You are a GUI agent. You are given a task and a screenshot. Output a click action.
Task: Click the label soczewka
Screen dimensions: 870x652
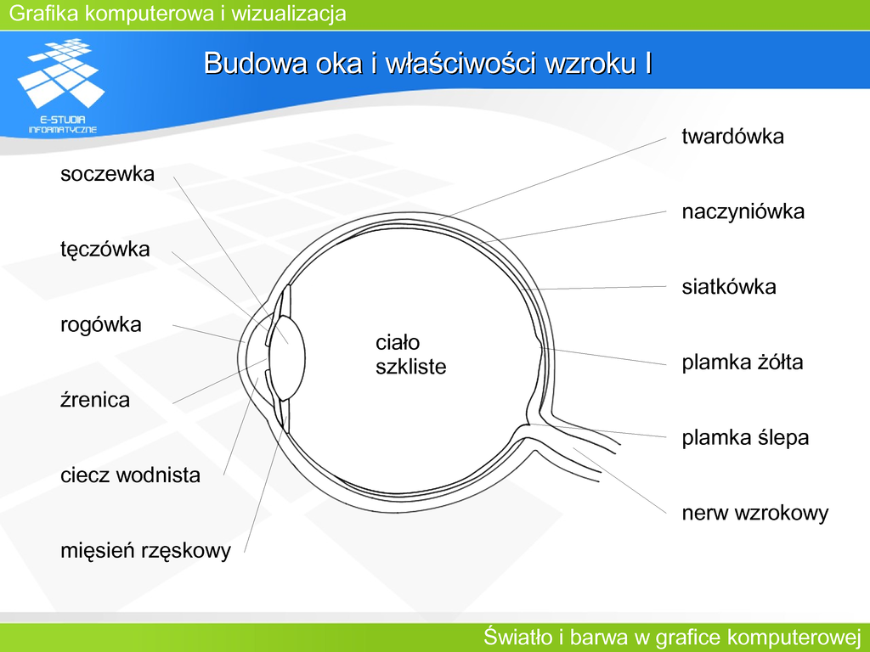[107, 173]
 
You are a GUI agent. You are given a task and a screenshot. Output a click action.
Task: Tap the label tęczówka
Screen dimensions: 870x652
[105, 250]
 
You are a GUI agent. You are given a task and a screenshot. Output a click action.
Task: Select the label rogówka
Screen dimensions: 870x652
[100, 325]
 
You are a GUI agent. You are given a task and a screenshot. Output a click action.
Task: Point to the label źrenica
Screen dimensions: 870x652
[95, 400]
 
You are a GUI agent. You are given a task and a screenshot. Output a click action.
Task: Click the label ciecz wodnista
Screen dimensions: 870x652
[130, 475]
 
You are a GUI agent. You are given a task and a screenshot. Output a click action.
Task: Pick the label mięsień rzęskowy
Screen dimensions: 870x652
[145, 550]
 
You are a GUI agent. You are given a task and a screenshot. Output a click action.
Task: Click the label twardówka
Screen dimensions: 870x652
[732, 137]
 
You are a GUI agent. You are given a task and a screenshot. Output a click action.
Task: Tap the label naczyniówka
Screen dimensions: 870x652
[743, 211]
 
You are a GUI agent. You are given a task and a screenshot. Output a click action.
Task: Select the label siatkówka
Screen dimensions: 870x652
[728, 287]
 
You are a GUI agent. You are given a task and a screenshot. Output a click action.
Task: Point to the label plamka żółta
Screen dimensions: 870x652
[742, 362]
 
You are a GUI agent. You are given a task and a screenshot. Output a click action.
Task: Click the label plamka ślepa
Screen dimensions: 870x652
[744, 437]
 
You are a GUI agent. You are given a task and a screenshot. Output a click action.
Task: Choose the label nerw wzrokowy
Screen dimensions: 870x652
[754, 513]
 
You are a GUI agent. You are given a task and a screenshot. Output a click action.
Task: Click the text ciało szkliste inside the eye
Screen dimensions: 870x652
[410, 355]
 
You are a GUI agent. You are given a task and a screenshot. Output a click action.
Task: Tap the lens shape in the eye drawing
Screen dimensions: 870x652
[287, 357]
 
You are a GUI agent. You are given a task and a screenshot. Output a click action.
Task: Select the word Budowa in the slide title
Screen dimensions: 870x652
[256, 63]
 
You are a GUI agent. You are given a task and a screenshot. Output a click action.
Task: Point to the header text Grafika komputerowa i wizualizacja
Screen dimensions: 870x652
[178, 13]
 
